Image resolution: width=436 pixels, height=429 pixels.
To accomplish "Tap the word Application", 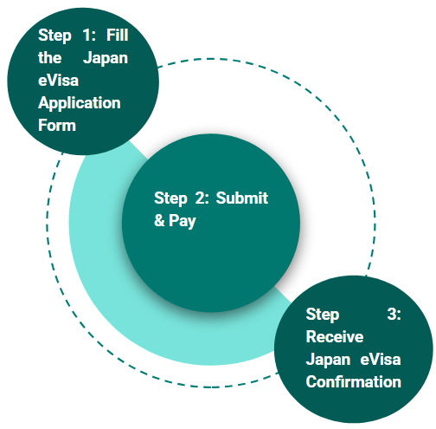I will tap(80, 103).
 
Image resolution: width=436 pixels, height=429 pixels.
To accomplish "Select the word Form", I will tap(57, 125).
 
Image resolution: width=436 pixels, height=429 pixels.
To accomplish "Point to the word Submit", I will tap(242, 198).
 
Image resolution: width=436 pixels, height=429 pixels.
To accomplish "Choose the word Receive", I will tap(335, 337).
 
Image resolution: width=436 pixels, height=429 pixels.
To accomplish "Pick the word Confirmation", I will tap(354, 381).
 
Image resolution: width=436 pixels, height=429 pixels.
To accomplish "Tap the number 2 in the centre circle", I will tap(200, 198).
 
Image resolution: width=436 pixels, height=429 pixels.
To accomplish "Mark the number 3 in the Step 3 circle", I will tap(394, 315).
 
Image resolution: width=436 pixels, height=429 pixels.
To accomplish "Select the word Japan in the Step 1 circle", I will tap(106, 58).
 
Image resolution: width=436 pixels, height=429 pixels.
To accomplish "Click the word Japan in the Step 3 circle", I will tap(328, 360).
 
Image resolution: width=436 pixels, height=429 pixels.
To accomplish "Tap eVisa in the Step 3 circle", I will tap(381, 360).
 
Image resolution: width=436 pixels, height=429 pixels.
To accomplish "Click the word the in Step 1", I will tap(51, 58).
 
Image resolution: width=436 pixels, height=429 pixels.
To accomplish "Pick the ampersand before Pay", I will tap(159, 221).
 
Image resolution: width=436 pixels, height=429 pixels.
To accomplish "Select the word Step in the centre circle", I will tap(170, 198).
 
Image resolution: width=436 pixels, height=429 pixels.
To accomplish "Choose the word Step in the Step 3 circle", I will tap(324, 315).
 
